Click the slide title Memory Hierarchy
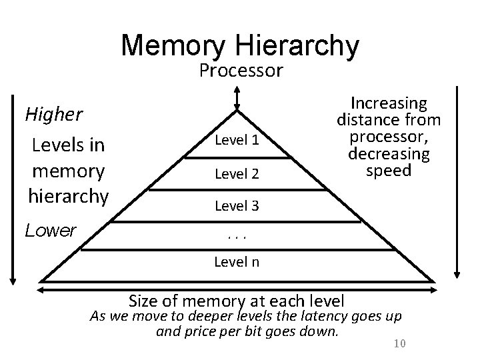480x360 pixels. (241, 45)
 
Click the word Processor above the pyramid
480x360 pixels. (241, 71)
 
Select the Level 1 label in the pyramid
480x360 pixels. (236, 141)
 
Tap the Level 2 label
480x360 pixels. (236, 174)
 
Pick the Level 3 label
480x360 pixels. (236, 206)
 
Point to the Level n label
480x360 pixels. (236, 262)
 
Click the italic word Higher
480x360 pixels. (53, 114)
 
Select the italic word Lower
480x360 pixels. (51, 231)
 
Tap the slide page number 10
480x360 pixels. (400, 343)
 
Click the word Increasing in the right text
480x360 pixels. (389, 104)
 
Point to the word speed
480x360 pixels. (389, 170)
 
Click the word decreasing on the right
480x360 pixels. (389, 154)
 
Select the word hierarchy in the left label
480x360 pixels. (67, 196)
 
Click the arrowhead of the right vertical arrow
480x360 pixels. (457, 271)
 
